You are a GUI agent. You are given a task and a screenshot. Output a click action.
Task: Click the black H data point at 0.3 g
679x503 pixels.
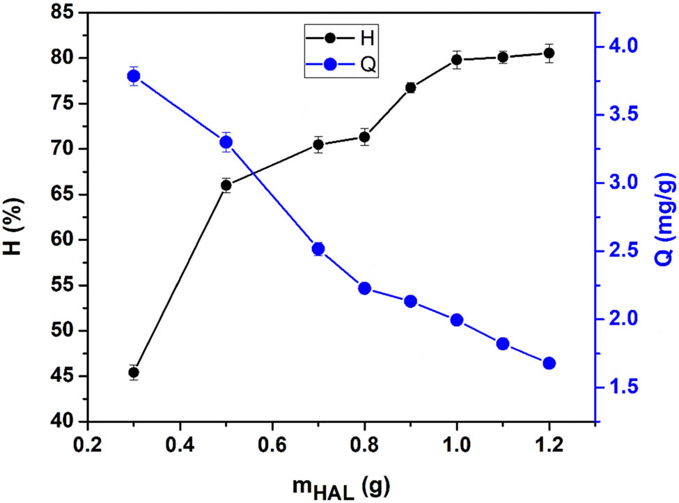point(134,372)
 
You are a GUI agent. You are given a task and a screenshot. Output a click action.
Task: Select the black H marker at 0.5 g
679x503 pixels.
point(226,185)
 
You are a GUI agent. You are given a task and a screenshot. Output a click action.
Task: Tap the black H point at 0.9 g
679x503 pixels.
point(411,88)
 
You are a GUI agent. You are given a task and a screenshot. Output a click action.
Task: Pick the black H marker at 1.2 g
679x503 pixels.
point(549,53)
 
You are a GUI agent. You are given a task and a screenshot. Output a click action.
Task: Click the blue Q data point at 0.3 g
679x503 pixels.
point(134,76)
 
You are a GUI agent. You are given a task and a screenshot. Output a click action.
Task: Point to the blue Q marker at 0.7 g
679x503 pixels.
point(318,249)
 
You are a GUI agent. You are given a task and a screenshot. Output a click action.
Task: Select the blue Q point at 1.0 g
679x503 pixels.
point(457,320)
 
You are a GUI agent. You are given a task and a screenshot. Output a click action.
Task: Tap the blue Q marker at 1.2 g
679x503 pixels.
point(549,363)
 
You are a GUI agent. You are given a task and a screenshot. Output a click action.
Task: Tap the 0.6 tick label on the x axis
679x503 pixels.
point(272,446)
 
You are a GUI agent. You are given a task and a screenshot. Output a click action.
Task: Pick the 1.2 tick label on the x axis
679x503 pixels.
point(549,446)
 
